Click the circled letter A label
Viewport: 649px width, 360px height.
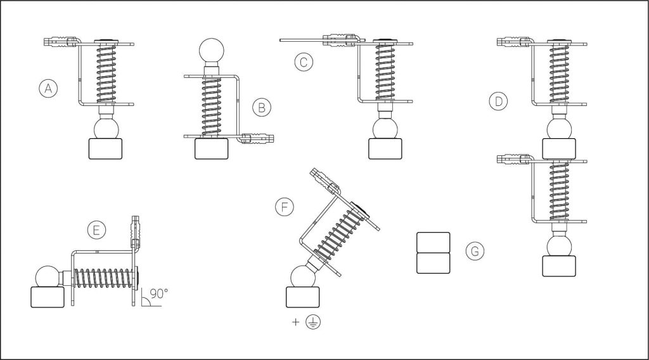(48, 89)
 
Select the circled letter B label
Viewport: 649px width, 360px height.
(262, 108)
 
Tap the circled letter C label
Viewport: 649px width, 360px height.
(304, 63)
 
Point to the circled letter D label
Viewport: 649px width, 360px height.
(498, 101)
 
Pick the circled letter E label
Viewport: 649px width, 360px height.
(96, 230)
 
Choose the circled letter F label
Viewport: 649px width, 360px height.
(285, 207)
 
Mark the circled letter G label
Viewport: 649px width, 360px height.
(475, 251)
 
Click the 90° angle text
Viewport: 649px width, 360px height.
(159, 294)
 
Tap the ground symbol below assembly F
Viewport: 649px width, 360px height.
(313, 322)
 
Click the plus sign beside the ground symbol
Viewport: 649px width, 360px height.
(295, 322)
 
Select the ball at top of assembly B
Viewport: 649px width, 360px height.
(212, 51)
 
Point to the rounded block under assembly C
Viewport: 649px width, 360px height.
(385, 148)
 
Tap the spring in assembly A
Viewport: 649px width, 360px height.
(106, 74)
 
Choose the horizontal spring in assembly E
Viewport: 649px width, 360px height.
(105, 280)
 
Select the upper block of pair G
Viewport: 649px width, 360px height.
(433, 243)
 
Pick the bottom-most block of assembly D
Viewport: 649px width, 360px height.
(559, 266)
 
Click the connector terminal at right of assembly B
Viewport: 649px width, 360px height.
(257, 138)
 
